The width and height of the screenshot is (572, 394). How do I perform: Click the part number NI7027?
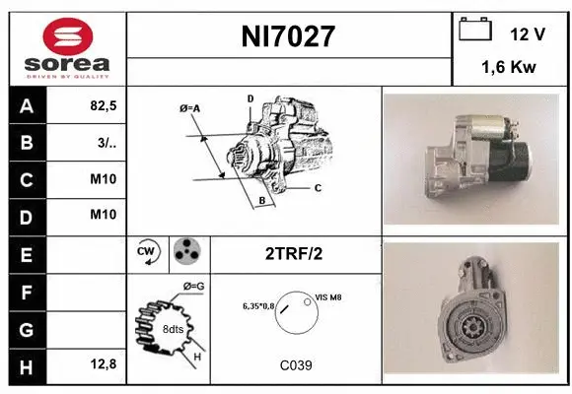pos(289,37)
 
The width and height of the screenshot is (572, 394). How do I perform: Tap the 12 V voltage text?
pos(528,33)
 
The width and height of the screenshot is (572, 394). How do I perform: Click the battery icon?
pos(475,32)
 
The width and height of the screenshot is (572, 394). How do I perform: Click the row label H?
pos(26,365)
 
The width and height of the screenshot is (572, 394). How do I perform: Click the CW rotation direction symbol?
pos(147,253)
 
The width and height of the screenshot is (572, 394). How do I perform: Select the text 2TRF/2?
pos(295,253)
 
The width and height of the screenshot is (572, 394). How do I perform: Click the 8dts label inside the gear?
pos(173,329)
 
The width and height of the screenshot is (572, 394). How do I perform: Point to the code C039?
pos(295,365)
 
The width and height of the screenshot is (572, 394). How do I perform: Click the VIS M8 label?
pos(329,296)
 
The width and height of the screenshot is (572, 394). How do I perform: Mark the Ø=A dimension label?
pos(190,108)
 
